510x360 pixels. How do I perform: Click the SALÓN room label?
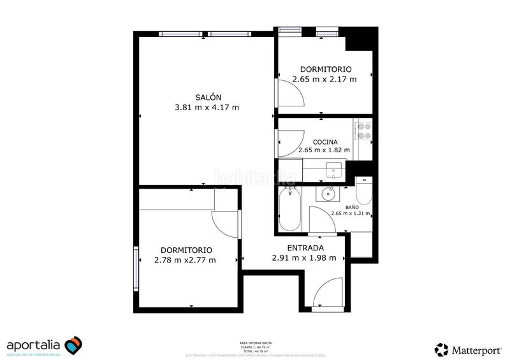(x=207, y=96)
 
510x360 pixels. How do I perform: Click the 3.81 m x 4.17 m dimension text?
(x=207, y=107)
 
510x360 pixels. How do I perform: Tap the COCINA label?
(x=324, y=142)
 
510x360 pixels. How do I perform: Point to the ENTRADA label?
(x=305, y=248)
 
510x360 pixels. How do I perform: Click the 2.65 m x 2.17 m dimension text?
(x=324, y=80)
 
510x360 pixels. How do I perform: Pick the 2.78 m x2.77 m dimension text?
(x=186, y=260)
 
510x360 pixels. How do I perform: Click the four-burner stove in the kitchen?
(x=363, y=131)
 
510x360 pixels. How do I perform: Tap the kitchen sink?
(x=334, y=169)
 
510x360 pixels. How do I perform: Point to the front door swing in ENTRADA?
(x=327, y=294)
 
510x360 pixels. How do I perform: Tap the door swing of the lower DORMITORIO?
(x=225, y=223)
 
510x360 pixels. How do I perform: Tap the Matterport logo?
(x=468, y=349)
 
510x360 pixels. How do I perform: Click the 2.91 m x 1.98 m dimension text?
(x=308, y=258)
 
